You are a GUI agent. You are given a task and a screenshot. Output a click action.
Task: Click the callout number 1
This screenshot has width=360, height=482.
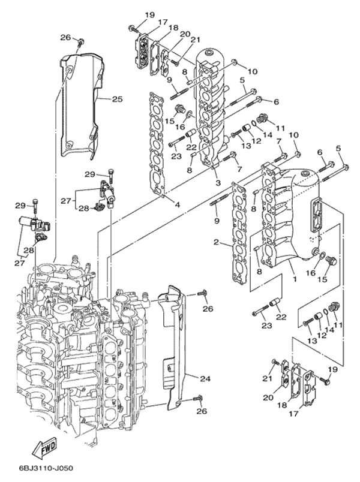pyautogui.click(x=294, y=279)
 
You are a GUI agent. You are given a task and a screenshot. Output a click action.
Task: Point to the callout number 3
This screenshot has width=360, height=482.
pyautogui.click(x=218, y=182)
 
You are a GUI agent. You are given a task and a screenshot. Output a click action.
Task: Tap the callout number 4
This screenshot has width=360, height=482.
pyautogui.click(x=178, y=205)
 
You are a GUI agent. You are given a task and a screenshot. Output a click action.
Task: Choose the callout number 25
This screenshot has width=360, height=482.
pyautogui.click(x=117, y=98)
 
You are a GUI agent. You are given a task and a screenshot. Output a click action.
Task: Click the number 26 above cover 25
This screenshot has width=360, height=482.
pyautogui.click(x=65, y=37)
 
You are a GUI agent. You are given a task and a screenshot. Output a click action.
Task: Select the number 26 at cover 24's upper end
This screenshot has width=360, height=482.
pyautogui.click(x=208, y=309)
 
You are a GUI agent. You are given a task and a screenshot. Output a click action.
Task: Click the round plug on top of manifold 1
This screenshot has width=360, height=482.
pyautogui.click(x=306, y=174)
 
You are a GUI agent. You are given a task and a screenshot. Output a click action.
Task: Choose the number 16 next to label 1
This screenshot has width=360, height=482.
pyautogui.click(x=310, y=273)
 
